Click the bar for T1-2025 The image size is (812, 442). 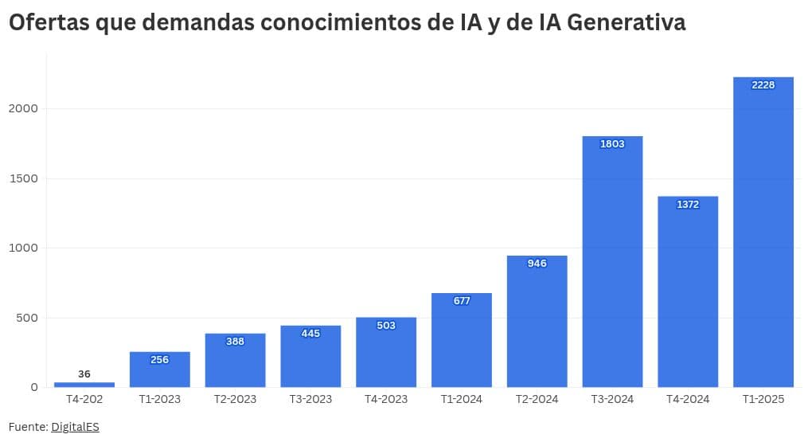click(x=763, y=239)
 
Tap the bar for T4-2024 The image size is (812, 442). click(x=688, y=295)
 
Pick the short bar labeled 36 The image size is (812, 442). click(x=84, y=385)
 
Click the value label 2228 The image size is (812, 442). click(x=763, y=85)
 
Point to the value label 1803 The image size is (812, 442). click(x=612, y=144)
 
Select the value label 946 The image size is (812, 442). click(x=537, y=264)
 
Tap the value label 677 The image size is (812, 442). click(x=462, y=301)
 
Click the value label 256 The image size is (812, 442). click(x=160, y=360)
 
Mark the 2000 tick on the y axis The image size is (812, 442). click(x=23, y=108)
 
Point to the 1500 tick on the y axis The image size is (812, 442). click(x=23, y=178)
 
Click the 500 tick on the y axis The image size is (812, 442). click(x=26, y=318)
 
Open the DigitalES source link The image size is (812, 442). click(x=75, y=427)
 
